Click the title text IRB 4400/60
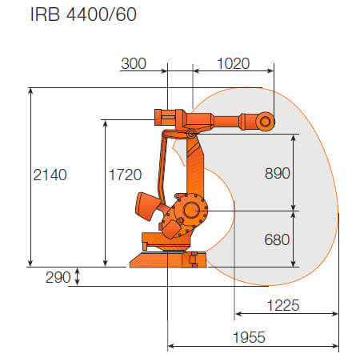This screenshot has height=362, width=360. point(83,14)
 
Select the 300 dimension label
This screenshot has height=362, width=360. point(134,63)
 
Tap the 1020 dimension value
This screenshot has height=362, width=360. point(234,63)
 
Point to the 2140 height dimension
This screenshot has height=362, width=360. point(50,175)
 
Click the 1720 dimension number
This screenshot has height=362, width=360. point(125,175)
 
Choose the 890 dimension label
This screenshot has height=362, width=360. point(278,173)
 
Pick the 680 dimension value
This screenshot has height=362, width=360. point(277,239)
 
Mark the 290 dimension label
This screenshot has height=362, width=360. point(58,277)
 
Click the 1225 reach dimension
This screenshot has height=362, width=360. point(283,305)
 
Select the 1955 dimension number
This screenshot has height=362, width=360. point(249,337)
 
